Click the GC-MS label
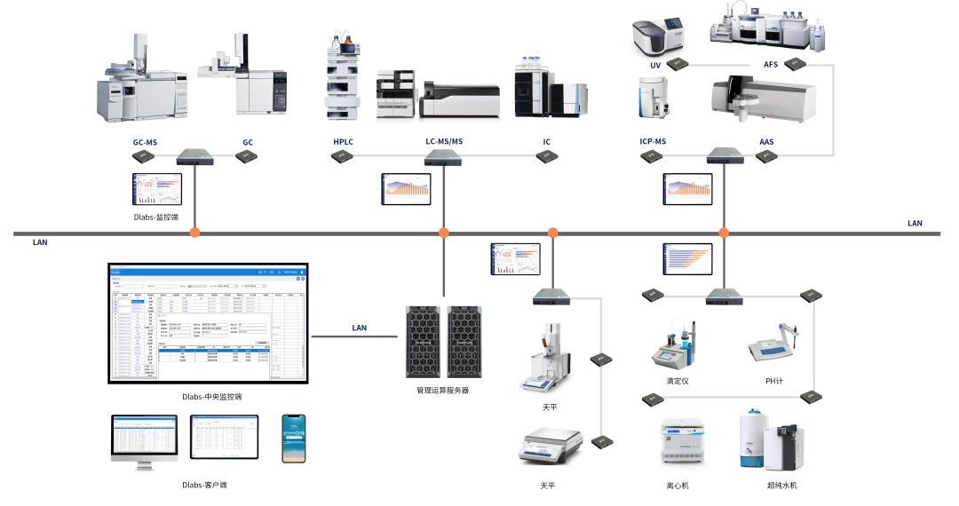point(145,142)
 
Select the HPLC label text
point(343,142)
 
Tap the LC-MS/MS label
point(443,142)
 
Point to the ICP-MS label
point(653,142)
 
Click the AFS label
point(770,65)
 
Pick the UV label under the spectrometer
point(655,66)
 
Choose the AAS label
point(766,142)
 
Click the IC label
point(547,142)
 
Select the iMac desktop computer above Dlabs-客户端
point(145,439)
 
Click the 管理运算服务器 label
point(442,391)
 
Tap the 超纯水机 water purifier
point(772,439)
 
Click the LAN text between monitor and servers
point(359,328)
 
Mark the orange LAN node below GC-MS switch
point(194,233)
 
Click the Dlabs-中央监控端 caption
point(211,397)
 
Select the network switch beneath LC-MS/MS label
point(442,157)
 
